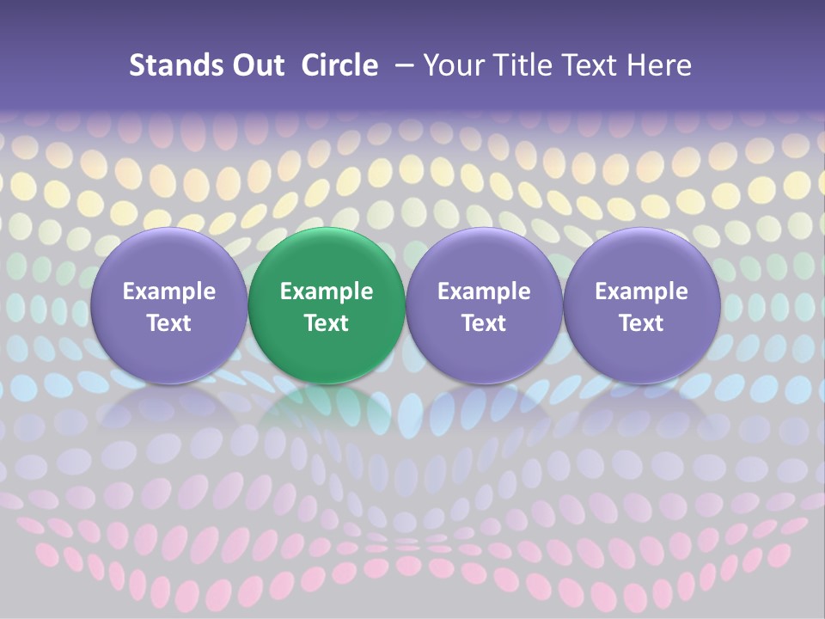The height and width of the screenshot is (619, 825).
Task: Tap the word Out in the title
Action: [x=256, y=65]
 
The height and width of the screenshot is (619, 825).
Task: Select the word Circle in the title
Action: [x=339, y=65]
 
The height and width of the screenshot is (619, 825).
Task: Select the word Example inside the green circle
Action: [x=327, y=291]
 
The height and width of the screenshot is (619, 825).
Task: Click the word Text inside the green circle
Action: [x=327, y=323]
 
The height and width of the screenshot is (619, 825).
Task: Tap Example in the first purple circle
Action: [x=169, y=291]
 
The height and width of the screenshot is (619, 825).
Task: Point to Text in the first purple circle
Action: [x=169, y=323]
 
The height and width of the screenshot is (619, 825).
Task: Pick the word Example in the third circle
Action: [x=484, y=291]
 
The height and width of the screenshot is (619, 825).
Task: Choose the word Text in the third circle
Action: [x=484, y=323]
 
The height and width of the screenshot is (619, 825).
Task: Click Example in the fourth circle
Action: [x=641, y=291]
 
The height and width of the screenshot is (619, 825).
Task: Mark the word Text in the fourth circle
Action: [x=641, y=323]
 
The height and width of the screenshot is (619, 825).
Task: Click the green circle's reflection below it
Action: [x=327, y=408]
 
